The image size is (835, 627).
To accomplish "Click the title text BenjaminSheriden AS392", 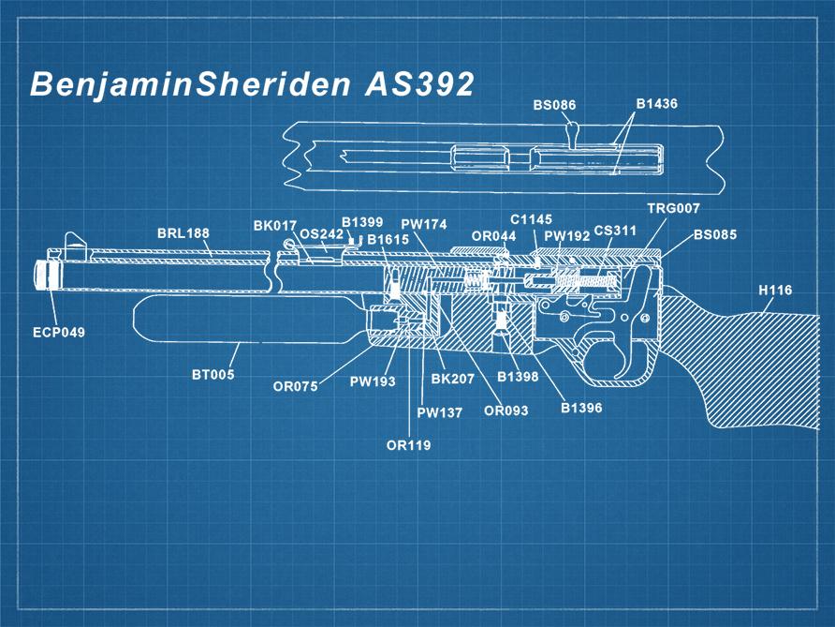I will tap(252, 84).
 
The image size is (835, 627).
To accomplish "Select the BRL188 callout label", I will tap(183, 233).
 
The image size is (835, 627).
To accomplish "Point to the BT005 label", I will tap(213, 375).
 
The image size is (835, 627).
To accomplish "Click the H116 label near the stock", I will tap(774, 291).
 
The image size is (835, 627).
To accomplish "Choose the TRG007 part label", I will tap(673, 207).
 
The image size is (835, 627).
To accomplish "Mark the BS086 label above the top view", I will tap(554, 106).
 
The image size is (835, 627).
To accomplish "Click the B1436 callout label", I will tap(656, 103).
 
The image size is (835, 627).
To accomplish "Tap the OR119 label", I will tap(409, 445).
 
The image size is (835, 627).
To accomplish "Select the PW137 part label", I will tap(439, 412).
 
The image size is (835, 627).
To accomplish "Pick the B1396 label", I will tap(581, 409).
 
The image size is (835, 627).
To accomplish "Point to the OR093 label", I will tap(505, 411).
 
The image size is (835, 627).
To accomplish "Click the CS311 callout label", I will tap(615, 230).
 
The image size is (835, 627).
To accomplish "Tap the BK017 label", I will tap(274, 226).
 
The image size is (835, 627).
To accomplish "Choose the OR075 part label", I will tap(296, 386).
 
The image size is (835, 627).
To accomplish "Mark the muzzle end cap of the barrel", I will tap(43, 273).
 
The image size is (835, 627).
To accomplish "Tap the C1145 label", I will tap(531, 219).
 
